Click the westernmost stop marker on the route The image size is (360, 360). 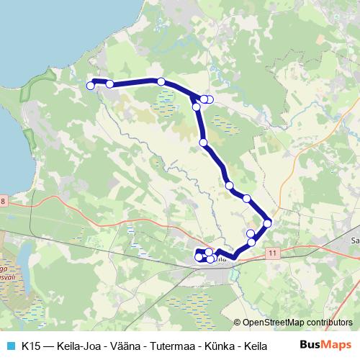coord(91,86)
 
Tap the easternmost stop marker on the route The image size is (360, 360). coord(268,223)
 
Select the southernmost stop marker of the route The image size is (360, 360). coord(210,259)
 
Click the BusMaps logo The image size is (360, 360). coord(325,344)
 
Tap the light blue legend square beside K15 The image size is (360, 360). coord(9,345)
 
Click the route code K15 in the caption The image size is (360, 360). coord(31,345)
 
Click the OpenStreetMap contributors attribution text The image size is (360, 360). coord(297,323)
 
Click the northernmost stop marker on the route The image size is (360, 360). coord(161,81)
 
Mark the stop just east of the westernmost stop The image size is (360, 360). coord(109,84)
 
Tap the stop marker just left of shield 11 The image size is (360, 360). coord(251,243)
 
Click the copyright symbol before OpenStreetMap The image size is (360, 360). coord(238,323)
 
